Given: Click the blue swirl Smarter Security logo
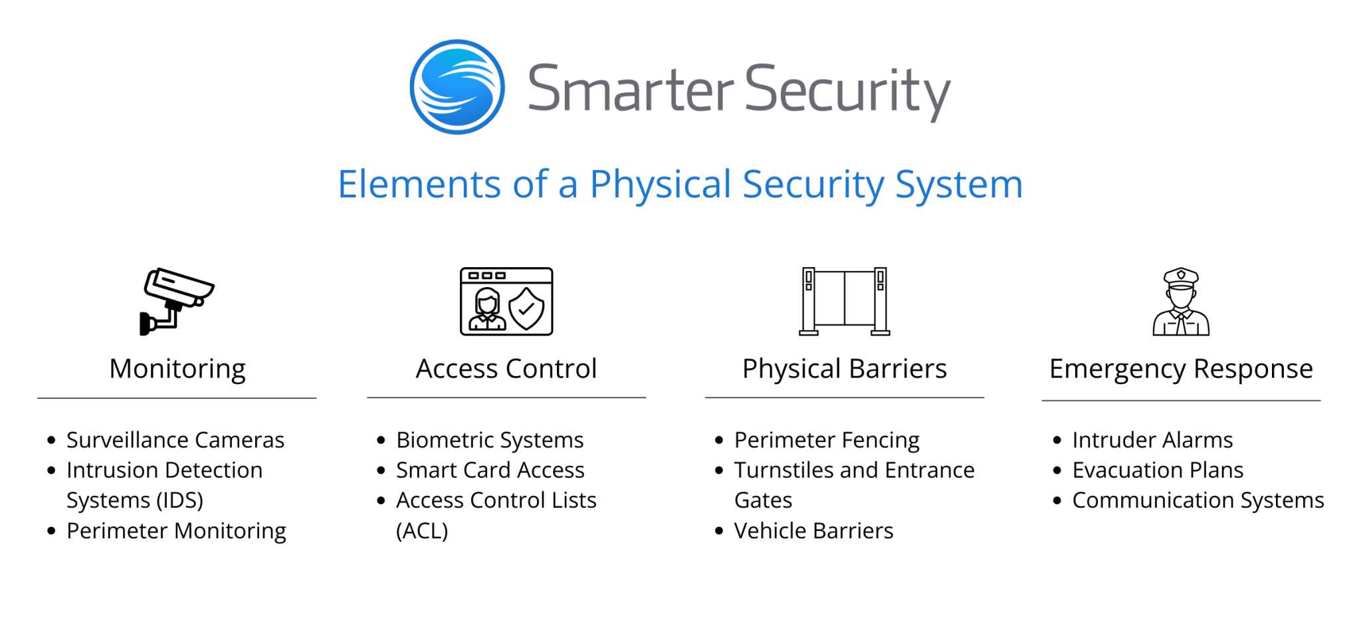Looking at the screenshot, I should pyautogui.click(x=457, y=87).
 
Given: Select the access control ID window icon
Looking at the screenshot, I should pyautogui.click(x=506, y=301).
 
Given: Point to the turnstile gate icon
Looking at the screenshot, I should pyautogui.click(x=844, y=301).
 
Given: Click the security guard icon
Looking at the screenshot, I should pyautogui.click(x=1181, y=301).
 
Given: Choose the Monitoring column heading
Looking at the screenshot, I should pyautogui.click(x=177, y=369).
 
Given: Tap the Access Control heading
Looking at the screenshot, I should pyautogui.click(x=506, y=369).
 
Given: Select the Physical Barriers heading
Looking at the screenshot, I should pyautogui.click(x=844, y=369).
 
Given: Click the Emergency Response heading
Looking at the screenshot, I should pyautogui.click(x=1181, y=369).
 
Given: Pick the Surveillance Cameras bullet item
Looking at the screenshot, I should pyautogui.click(x=175, y=440).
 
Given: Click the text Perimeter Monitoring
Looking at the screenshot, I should pyautogui.click(x=176, y=531).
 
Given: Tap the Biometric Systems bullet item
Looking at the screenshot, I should pyautogui.click(x=490, y=440).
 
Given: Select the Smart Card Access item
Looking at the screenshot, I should pyautogui.click(x=490, y=470).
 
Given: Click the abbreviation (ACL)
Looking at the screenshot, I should pyautogui.click(x=422, y=531).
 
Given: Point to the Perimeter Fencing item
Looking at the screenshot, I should pyautogui.click(x=827, y=440).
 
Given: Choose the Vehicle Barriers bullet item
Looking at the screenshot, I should pyautogui.click(x=813, y=531).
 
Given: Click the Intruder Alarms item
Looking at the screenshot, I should pyautogui.click(x=1152, y=440).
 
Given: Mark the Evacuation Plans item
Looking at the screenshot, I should pyautogui.click(x=1158, y=470).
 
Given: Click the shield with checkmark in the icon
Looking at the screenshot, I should pyautogui.click(x=526, y=309).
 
